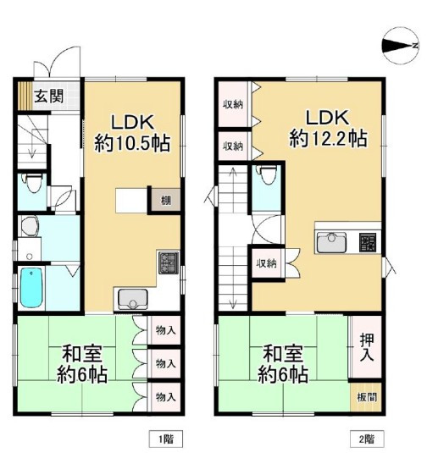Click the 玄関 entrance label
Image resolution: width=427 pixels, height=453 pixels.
click(48, 96)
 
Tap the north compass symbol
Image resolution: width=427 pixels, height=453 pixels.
click(401, 46)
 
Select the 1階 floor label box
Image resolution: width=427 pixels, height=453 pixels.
click(166, 439)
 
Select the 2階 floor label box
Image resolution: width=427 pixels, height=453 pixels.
click(367, 439)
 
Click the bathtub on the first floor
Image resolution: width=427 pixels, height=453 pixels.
click(31, 288)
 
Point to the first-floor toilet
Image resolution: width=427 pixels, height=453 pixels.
click(33, 183)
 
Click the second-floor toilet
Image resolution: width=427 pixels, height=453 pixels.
click(268, 175)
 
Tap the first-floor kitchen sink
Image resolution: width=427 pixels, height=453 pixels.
click(133, 300)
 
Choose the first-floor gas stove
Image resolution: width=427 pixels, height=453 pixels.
click(169, 262)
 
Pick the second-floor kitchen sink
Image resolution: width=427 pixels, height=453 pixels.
click(331, 242)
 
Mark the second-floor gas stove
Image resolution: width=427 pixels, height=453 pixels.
click(368, 242)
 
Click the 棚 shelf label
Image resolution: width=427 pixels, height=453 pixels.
click(166, 200)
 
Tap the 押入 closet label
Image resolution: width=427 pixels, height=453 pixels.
click(367, 347)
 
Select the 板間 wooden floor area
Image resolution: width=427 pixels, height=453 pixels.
click(366, 397)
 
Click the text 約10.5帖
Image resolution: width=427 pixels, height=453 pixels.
click(132, 143)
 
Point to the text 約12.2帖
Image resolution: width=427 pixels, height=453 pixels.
click(329, 138)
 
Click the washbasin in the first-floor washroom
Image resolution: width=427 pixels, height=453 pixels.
click(30, 226)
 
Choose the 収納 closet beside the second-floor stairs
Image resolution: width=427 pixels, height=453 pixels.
click(268, 263)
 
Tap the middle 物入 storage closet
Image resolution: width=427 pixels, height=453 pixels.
click(165, 363)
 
